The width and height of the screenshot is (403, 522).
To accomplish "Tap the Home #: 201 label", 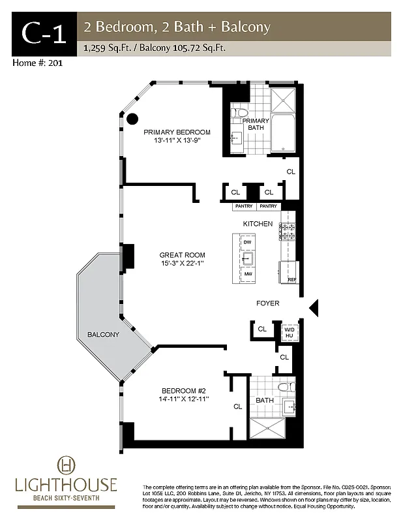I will coord(37,63).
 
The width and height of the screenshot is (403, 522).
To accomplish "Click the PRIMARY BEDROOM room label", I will coord(177,132).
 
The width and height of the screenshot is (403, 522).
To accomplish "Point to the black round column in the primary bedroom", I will coord(132,119).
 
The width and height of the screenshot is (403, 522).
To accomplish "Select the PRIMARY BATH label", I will coord(256,124).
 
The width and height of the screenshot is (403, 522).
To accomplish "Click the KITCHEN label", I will coord(258,224).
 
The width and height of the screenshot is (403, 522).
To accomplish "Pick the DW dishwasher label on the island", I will coord(247,242).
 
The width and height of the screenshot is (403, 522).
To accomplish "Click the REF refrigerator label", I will coord(292,280).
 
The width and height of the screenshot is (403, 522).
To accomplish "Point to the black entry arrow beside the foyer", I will coord(312,307).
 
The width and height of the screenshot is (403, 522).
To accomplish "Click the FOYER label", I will coord(267,303).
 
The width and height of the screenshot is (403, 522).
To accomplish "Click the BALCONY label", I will coord(103,335).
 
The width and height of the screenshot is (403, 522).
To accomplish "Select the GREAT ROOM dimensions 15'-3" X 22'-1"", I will coord(183,263).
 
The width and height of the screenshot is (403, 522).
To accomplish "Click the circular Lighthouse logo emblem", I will coord(67,465).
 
